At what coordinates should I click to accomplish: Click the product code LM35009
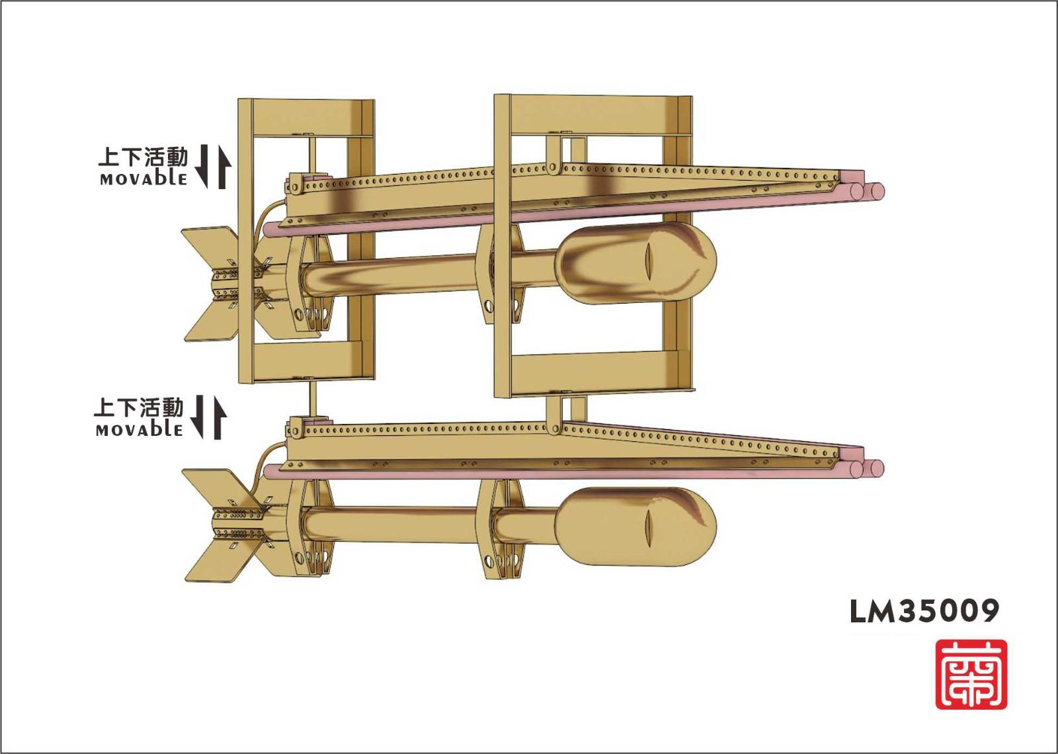[924, 612]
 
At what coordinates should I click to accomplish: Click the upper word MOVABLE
[143, 179]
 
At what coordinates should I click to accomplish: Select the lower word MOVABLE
[139, 430]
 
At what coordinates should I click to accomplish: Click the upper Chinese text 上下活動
[143, 157]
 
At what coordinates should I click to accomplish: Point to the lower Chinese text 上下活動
[138, 407]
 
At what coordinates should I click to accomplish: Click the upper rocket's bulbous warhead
[635, 263]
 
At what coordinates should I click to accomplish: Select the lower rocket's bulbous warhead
[635, 526]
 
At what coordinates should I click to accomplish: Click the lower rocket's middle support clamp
[500, 529]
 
